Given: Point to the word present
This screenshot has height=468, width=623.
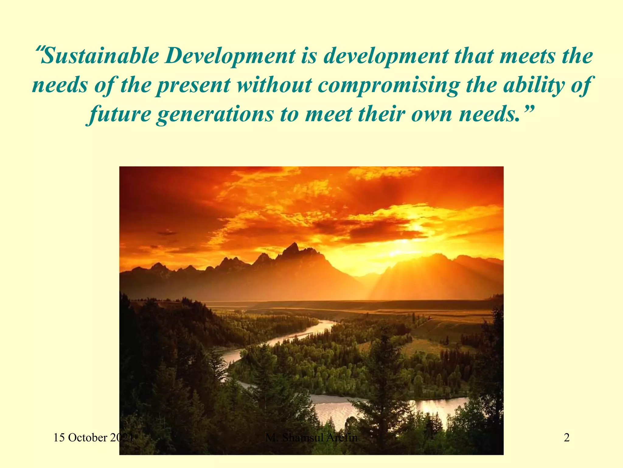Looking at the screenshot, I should (193, 85).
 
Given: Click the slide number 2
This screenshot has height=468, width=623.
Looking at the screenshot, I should (567, 438).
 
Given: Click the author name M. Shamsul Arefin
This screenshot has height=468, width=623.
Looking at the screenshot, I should (311, 438).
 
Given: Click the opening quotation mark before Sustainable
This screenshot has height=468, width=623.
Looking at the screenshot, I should (39, 49).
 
